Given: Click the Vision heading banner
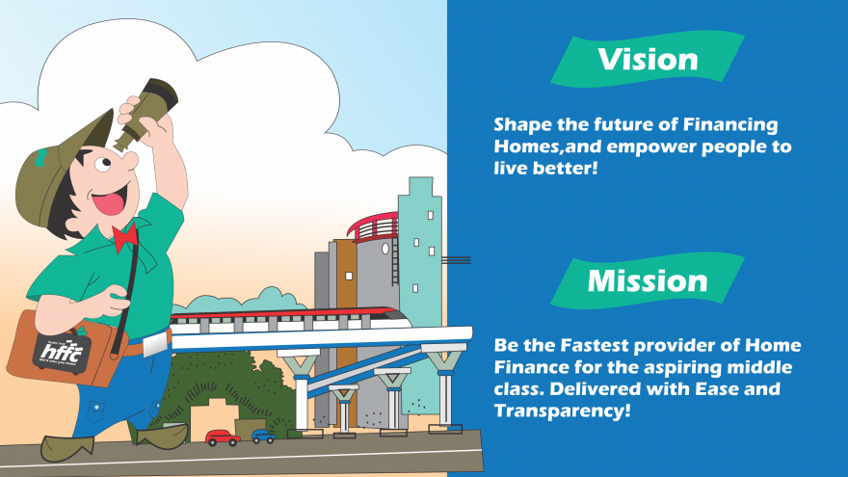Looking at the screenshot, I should [647, 60].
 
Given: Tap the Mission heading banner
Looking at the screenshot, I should [647, 280].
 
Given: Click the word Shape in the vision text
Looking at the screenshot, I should [521, 125].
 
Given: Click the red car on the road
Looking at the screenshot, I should [223, 437].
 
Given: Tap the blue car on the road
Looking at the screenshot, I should [263, 437].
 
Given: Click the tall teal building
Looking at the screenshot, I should [420, 251].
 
